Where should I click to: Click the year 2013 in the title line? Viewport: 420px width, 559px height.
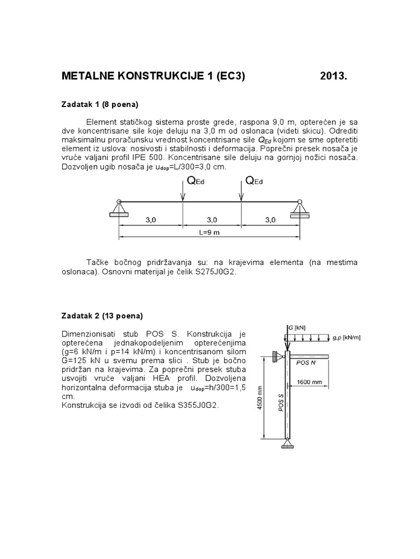pos(333,76)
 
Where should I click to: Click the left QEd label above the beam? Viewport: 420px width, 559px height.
pos(196,181)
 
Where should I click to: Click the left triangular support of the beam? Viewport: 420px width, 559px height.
pos(118,208)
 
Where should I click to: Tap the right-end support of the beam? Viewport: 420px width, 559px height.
pos(299,208)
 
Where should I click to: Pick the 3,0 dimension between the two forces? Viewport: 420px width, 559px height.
pos(212,220)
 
